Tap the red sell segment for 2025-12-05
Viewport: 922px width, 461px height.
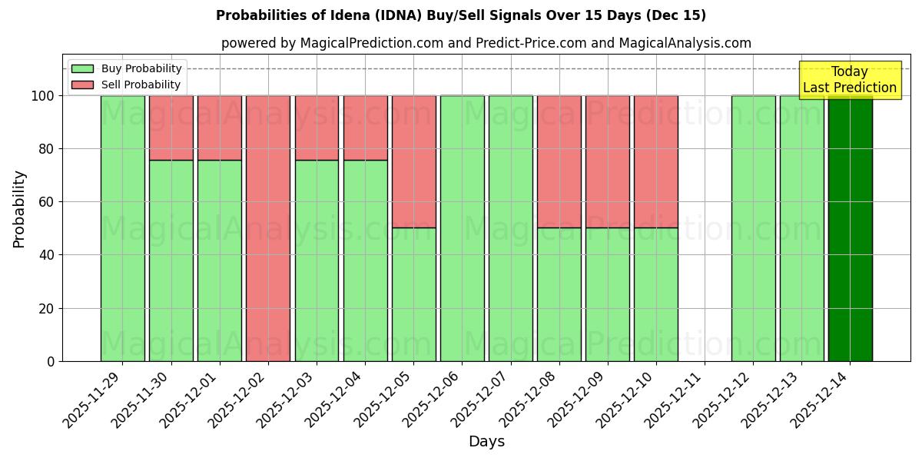click(413, 161)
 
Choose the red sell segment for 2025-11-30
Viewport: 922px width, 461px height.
click(171, 128)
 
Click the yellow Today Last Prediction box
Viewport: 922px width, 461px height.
click(849, 80)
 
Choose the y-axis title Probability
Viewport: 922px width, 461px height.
click(19, 209)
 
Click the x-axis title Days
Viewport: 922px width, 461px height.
click(486, 442)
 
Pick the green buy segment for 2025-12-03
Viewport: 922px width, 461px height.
click(317, 260)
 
